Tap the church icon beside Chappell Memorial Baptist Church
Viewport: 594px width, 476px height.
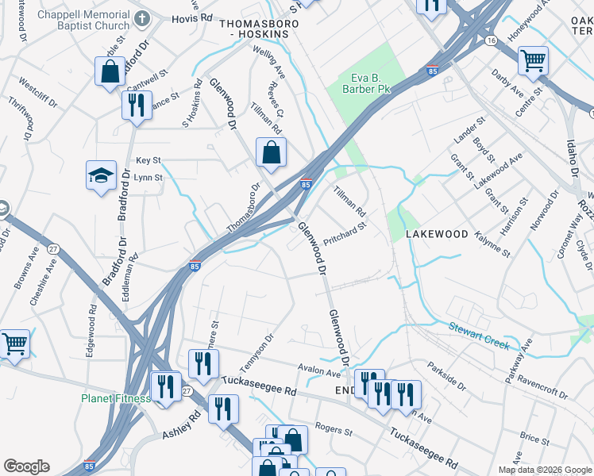[x=142, y=18]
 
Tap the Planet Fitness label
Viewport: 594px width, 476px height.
[x=115, y=398]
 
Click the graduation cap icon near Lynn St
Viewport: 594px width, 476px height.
[x=102, y=175]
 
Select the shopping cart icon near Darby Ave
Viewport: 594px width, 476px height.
[x=534, y=59]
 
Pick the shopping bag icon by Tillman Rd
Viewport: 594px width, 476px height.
[x=271, y=152]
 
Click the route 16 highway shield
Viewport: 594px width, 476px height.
[x=492, y=40]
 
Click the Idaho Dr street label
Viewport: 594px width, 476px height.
[x=572, y=163]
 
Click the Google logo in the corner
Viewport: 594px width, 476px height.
[x=26, y=466]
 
